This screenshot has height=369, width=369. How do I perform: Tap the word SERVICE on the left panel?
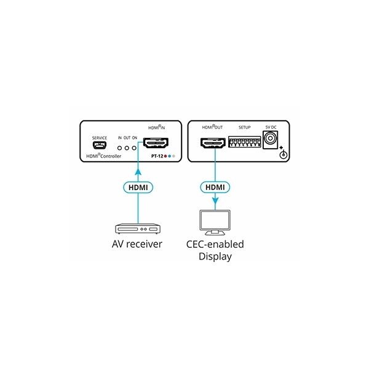tap(98, 138)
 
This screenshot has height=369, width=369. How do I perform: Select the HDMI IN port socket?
tap(156, 145)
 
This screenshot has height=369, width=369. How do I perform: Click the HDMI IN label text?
tap(156, 127)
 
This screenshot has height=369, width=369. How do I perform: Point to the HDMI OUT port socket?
tap(213, 145)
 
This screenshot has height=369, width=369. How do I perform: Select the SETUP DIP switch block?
tap(245, 143)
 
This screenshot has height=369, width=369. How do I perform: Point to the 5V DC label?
tap(271, 127)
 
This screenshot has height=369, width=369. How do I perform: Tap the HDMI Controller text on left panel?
tap(103, 157)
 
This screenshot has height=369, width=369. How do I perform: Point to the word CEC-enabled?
tap(215, 245)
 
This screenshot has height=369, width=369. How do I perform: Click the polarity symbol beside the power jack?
tap(282, 154)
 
